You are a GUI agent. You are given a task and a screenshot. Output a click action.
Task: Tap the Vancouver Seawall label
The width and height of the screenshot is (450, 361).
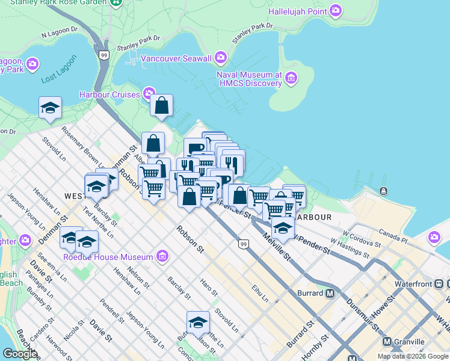pyautogui.click(x=176, y=58)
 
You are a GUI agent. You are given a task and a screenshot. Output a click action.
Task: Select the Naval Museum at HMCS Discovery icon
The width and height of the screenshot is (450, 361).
pyautogui.click(x=292, y=77)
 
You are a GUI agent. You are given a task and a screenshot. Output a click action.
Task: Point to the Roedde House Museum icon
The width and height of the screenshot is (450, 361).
pyautogui.click(x=161, y=257)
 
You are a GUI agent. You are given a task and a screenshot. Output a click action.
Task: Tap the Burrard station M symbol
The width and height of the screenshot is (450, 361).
pyautogui.click(x=330, y=294)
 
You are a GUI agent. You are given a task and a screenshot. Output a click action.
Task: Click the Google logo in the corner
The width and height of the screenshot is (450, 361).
pyautogui.click(x=20, y=354)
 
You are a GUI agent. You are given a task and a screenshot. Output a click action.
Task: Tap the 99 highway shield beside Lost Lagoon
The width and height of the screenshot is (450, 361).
pyautogui.click(x=104, y=55)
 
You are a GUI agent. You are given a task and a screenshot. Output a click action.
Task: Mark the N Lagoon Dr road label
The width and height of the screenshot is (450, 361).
pyautogui.click(x=60, y=32)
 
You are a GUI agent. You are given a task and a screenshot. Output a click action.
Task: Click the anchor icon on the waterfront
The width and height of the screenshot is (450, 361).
pyautogui.click(x=383, y=191)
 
